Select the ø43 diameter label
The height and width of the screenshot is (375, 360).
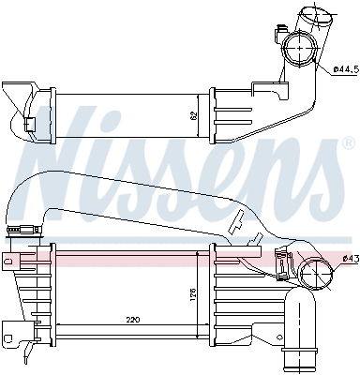coord(349,258)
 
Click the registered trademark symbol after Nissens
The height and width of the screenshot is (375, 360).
coord(348,143)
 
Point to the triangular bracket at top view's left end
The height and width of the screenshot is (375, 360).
coord(16,97)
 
